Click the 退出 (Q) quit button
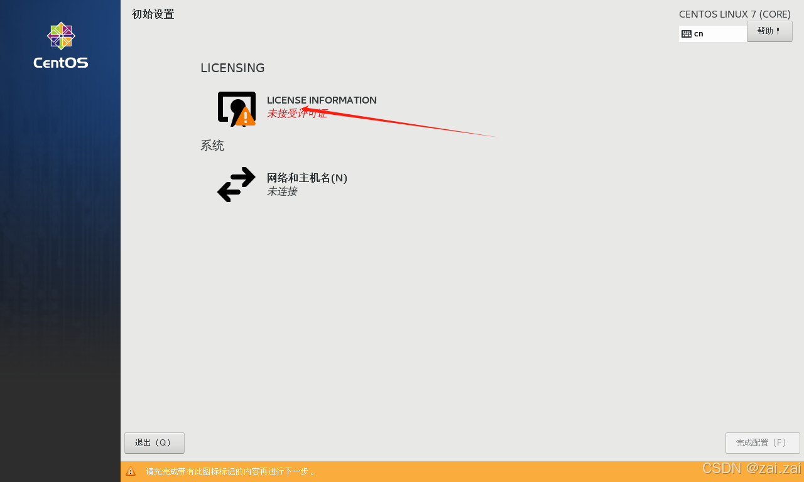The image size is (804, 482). [154, 442]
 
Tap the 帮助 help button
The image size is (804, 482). [769, 31]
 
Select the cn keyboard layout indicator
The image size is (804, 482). [698, 34]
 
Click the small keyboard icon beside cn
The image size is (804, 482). [687, 34]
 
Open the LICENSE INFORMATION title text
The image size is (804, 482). [322, 100]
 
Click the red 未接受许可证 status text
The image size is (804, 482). [296, 114]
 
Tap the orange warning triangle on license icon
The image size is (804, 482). [246, 117]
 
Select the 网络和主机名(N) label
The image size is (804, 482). [307, 178]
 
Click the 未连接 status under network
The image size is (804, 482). [282, 191]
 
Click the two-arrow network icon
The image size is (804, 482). [236, 185]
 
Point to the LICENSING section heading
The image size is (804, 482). [232, 68]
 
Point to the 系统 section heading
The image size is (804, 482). [212, 146]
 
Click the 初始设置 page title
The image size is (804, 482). [153, 14]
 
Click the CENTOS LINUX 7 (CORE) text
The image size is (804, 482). [734, 14]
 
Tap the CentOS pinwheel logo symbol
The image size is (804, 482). [61, 36]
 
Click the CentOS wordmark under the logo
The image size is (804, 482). [61, 63]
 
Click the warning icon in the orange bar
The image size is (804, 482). [131, 471]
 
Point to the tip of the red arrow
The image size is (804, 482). [303, 109]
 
